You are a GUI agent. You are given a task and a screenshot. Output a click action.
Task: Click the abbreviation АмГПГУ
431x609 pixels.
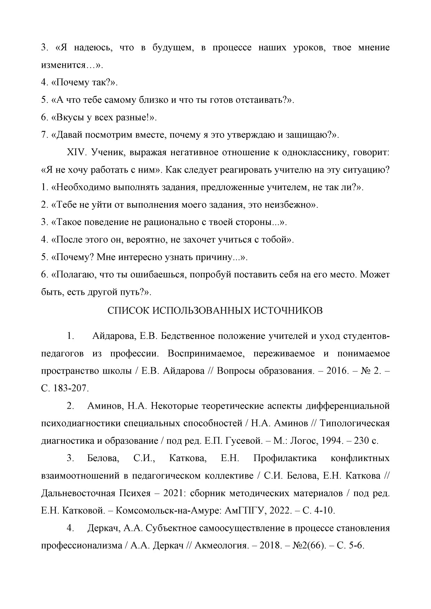245,511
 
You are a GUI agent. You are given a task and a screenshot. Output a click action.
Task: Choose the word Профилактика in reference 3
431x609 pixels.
285,458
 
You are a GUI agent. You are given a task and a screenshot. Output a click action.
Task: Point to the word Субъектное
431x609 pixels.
170,528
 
